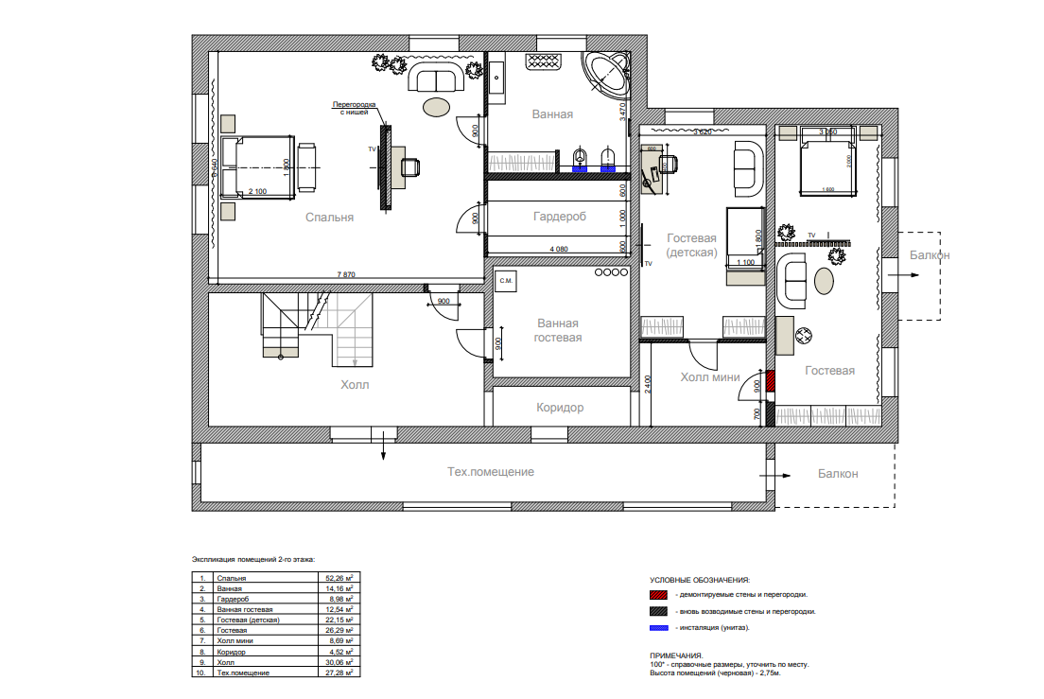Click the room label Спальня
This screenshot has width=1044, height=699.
pyautogui.click(x=329, y=218)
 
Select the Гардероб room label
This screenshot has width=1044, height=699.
pyautogui.click(x=559, y=217)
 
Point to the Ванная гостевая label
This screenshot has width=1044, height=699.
pyautogui.click(x=557, y=330)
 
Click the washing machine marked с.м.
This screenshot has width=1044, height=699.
pyautogui.click(x=506, y=281)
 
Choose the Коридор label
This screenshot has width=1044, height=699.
pyautogui.click(x=560, y=408)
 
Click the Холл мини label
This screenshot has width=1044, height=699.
pyautogui.click(x=709, y=377)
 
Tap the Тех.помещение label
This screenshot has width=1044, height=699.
pyautogui.click(x=491, y=472)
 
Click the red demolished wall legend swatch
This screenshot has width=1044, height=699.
pyautogui.click(x=659, y=595)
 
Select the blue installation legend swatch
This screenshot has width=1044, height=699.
pyautogui.click(x=659, y=628)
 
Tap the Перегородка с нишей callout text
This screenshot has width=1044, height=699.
pyautogui.click(x=355, y=107)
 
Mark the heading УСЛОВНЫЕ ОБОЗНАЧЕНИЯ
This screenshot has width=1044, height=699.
pyautogui.click(x=700, y=579)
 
